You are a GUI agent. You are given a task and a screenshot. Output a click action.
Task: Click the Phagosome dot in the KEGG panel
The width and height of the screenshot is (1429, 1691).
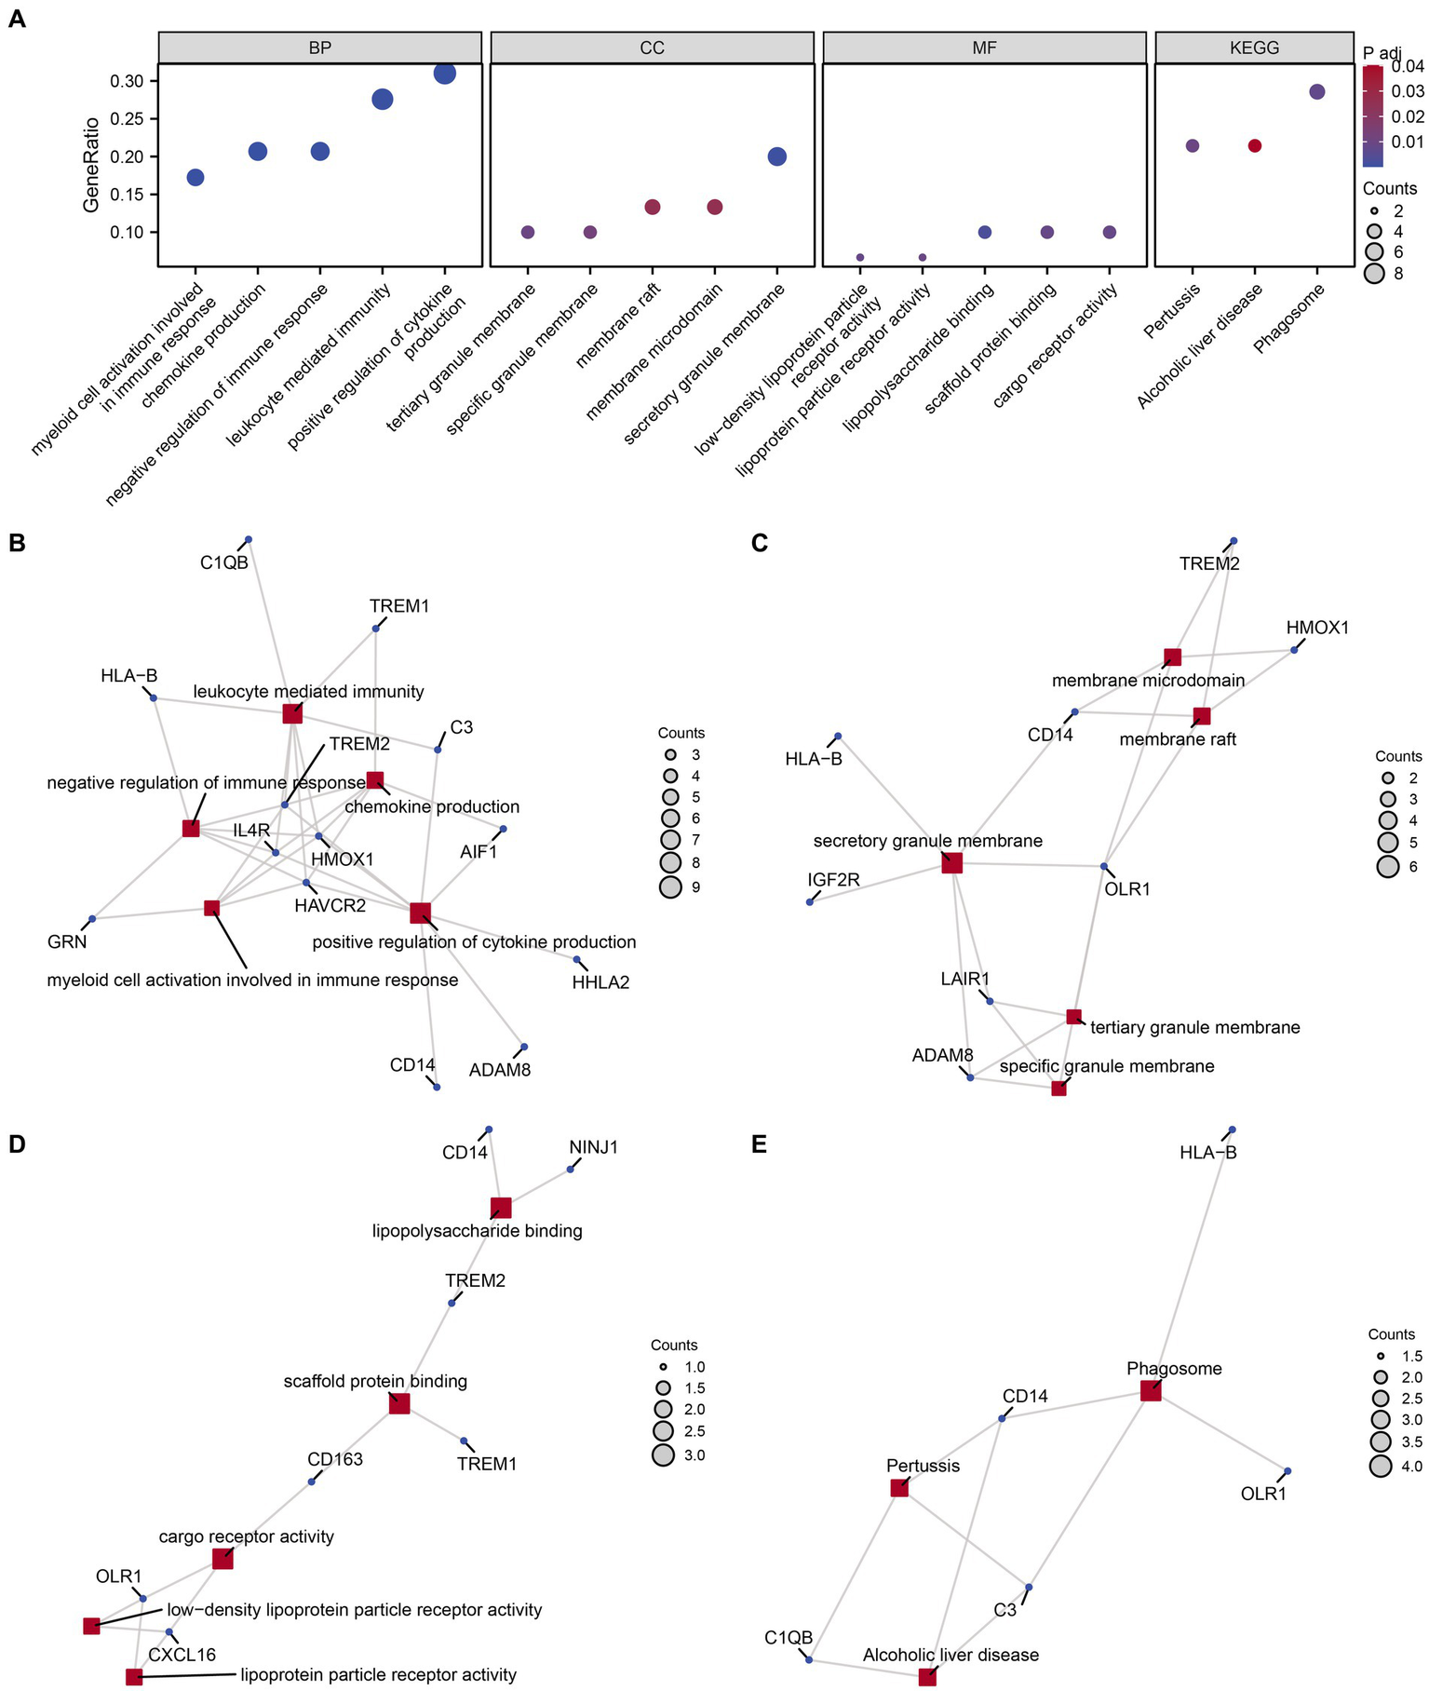point(1316,91)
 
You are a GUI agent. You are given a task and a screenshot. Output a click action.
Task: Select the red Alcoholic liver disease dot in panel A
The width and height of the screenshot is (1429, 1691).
point(1254,146)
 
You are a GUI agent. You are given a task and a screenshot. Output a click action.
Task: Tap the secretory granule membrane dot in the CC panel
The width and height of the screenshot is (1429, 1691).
point(777,156)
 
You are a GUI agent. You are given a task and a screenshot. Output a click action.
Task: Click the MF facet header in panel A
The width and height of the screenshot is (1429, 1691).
point(984,47)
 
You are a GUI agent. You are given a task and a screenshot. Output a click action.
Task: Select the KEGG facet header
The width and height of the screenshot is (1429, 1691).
point(1254,47)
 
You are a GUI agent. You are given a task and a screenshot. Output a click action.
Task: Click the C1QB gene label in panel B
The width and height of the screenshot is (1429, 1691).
point(224,562)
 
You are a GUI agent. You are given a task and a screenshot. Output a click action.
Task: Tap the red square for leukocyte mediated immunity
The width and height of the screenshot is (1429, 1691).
point(292,713)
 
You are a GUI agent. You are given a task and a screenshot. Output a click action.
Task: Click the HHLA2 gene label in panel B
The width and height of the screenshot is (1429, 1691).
point(600,981)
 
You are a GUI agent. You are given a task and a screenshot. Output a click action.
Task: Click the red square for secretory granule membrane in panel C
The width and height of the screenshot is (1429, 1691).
point(951,863)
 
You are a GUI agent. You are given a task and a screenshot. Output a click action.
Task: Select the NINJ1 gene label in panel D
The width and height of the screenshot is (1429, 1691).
point(593,1147)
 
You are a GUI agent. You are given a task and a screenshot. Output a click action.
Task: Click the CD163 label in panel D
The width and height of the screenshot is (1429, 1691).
point(335,1459)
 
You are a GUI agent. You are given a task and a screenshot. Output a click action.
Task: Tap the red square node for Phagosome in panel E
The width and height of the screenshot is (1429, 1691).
point(1151,1391)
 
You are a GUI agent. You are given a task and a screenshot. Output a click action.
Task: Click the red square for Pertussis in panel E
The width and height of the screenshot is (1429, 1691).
point(899,1488)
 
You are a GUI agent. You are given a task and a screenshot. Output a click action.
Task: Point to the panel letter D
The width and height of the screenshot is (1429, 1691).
point(17,1143)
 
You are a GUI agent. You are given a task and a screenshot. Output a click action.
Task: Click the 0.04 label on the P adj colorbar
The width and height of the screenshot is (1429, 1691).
point(1409,66)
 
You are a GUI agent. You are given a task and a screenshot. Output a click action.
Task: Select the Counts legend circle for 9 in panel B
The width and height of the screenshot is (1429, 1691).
point(670,887)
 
